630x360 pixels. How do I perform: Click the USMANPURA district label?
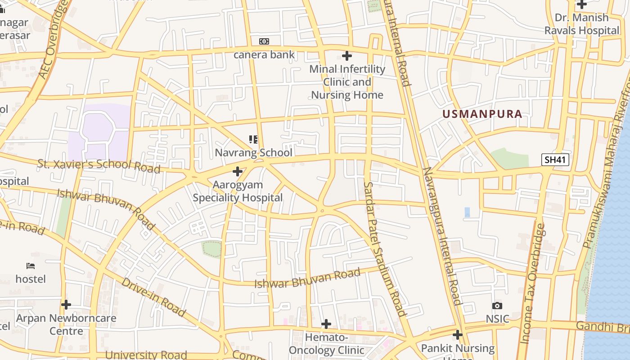482,114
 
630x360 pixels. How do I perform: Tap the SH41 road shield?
556,160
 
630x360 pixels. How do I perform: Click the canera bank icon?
264,41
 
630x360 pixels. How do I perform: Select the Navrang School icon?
253,139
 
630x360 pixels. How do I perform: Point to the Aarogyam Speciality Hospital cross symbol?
238,171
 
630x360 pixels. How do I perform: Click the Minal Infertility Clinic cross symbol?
347,56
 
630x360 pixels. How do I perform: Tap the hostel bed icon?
31,265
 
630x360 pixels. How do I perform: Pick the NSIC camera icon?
497,306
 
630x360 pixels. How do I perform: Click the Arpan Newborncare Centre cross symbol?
66,305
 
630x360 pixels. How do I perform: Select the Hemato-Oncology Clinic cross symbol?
326,324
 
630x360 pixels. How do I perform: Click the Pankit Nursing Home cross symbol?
458,335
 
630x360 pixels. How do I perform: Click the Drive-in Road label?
153,297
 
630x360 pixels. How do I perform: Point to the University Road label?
146,355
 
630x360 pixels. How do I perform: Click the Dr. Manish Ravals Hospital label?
582,24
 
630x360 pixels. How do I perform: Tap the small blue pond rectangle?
467,212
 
